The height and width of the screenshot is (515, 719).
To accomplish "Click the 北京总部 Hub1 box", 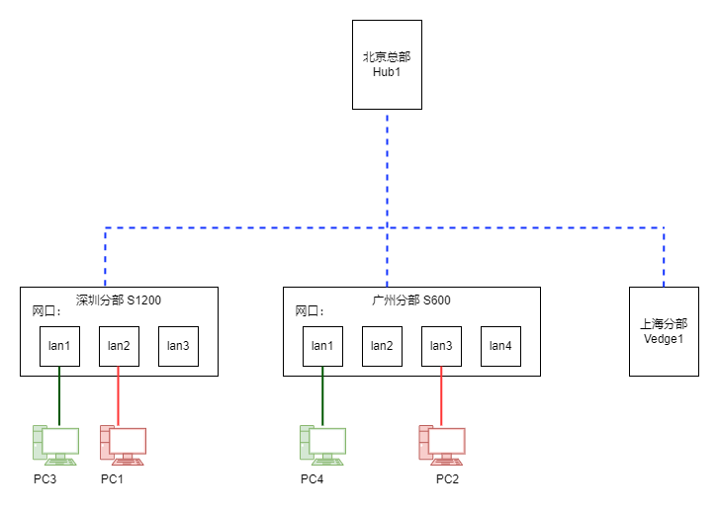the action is (x=387, y=64).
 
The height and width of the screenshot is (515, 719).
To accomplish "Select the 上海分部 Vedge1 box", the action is (x=664, y=332).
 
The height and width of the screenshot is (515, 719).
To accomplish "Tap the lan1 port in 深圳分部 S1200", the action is (x=59, y=346).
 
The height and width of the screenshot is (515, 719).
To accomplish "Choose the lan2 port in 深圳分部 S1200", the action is (x=120, y=346).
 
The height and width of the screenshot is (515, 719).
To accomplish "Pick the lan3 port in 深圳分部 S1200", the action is (x=178, y=346).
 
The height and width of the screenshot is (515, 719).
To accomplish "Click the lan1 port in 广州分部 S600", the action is (x=322, y=346).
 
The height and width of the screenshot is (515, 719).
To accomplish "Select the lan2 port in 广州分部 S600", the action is (x=382, y=346).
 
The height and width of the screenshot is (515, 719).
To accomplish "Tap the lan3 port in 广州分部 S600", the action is (x=441, y=346).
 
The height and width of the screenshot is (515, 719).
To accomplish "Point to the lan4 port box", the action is (x=500, y=346).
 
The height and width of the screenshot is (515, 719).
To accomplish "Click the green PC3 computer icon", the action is (x=55, y=446).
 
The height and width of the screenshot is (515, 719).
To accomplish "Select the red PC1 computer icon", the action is (x=123, y=446).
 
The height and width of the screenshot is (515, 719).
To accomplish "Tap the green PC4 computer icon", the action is (x=322, y=446).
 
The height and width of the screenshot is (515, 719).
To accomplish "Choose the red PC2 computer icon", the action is (x=442, y=446).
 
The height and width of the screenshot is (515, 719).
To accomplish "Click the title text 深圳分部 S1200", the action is (x=119, y=300).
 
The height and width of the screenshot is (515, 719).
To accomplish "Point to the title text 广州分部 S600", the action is (x=410, y=300).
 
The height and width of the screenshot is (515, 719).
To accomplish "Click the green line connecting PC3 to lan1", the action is (x=59, y=395).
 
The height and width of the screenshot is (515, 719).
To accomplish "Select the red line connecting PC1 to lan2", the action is (x=119, y=395).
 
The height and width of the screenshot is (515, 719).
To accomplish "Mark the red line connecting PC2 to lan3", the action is (x=441, y=395).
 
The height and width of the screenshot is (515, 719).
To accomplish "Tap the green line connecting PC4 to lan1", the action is (x=322, y=395).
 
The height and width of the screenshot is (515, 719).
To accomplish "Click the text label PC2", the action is (x=447, y=479).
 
